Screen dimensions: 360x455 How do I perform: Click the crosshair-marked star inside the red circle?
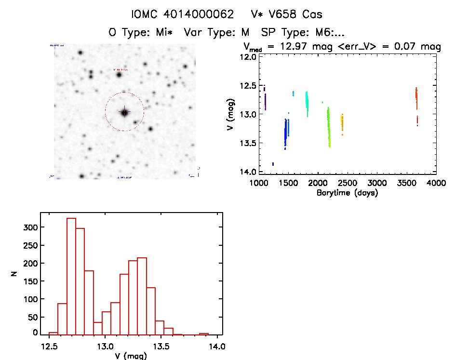click(x=124, y=112)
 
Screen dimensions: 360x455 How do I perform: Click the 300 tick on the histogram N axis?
click(x=31, y=227)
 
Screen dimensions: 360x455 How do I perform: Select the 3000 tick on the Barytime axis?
click(x=377, y=183)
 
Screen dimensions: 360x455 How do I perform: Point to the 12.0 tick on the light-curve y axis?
click(x=249, y=57)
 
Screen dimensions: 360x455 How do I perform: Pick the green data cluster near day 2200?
click(x=329, y=128)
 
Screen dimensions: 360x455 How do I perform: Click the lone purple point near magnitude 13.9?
click(x=273, y=164)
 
